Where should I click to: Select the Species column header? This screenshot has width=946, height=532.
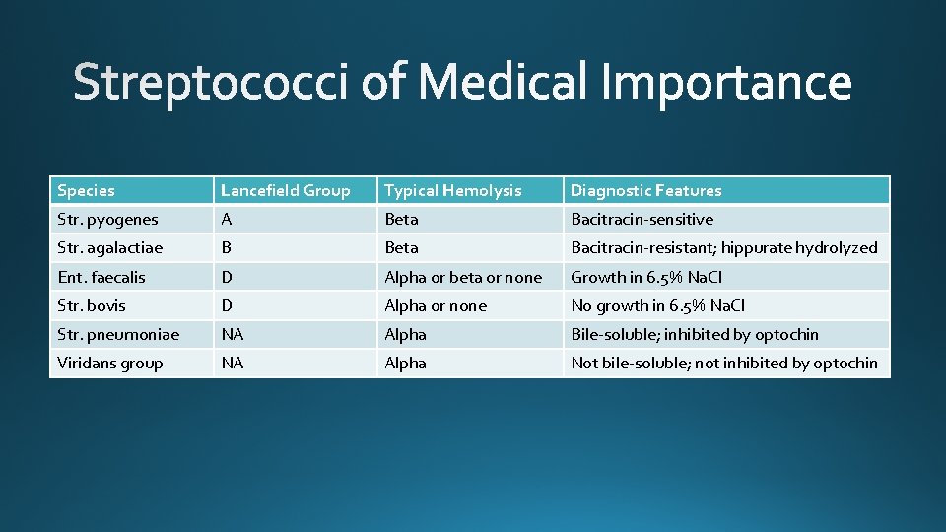[87, 190]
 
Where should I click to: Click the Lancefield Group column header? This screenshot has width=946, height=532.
[286, 190]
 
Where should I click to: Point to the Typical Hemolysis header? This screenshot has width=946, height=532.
[453, 190]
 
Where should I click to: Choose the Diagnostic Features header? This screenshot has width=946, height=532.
[646, 190]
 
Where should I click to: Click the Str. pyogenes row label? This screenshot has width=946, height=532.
[108, 219]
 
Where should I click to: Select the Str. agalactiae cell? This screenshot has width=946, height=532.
[110, 247]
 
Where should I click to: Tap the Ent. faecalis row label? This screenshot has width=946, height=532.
[101, 277]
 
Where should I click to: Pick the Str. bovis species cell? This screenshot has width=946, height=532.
[92, 305]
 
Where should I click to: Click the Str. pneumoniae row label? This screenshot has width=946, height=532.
[118, 334]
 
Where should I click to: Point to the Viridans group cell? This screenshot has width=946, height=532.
[110, 363]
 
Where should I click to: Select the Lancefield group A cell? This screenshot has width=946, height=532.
[228, 219]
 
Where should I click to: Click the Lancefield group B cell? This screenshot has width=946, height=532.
[228, 247]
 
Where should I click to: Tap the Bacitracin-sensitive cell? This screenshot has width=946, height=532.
[642, 219]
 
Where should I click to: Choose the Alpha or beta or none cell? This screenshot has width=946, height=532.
[463, 277]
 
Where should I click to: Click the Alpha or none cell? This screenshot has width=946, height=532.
[436, 305]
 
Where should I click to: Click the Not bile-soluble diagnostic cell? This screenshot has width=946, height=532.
[724, 363]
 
